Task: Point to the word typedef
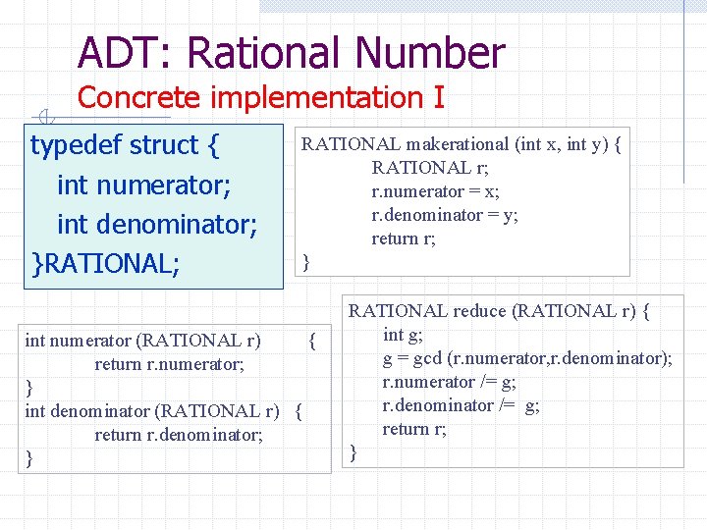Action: pyautogui.click(x=76, y=145)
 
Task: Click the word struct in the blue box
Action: pyautogui.click(x=164, y=145)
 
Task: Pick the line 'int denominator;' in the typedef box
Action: pyautogui.click(x=157, y=224)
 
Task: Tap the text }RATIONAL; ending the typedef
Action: pyautogui.click(x=106, y=263)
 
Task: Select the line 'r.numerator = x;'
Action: pyautogui.click(x=435, y=191)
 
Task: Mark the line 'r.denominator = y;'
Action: pyautogui.click(x=445, y=215)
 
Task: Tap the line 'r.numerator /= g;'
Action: pyautogui.click(x=449, y=382)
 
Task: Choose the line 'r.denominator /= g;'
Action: pyautogui.click(x=461, y=405)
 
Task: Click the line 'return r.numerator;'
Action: pyautogui.click(x=169, y=364)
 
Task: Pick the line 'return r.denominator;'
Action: pyautogui.click(x=179, y=435)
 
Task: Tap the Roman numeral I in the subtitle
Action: pyautogui.click(x=438, y=98)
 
